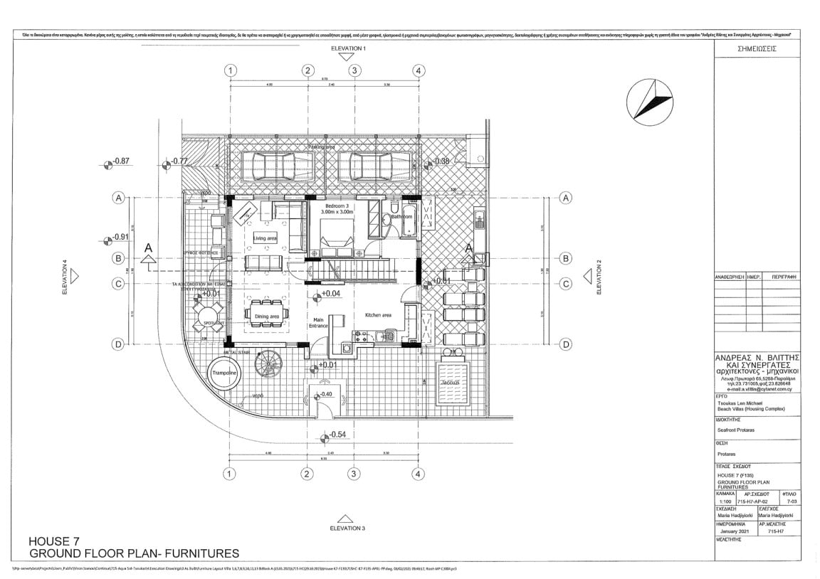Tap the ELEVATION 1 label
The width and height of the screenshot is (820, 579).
348,48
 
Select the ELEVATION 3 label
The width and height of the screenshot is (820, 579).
348,528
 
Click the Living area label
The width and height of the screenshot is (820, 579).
266,238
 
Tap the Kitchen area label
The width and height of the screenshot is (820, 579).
378,314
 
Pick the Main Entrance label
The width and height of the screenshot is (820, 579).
317,322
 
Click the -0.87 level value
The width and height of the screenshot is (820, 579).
121,161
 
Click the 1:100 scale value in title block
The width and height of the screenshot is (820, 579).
725,501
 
